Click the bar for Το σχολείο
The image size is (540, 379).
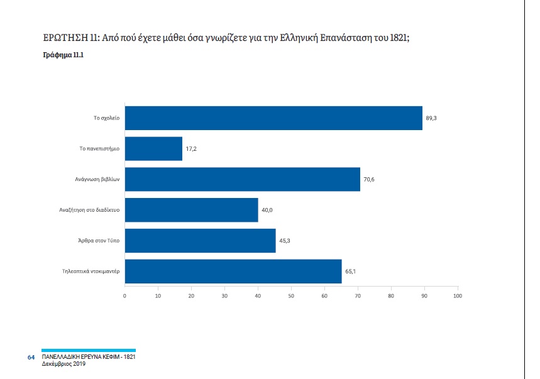pos(273,118)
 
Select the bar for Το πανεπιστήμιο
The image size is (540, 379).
pos(153,148)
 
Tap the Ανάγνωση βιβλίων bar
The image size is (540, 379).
pos(242,179)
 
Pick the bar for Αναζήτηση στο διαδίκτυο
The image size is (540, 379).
pos(191,210)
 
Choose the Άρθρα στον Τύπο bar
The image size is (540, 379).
pos(200,241)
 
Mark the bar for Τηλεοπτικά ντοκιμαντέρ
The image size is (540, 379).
pos(233,272)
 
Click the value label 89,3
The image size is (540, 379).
pos(431,118)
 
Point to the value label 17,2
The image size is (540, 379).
pos(191,148)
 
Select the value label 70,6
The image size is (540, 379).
pos(369,179)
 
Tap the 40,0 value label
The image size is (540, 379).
pos(267,210)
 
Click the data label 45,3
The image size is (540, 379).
pos(285,241)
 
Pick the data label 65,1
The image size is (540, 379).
pos(351,272)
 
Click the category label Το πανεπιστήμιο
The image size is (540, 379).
pos(99,148)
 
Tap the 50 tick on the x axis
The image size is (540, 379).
pos(291,295)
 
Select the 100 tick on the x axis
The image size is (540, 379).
pos(457,295)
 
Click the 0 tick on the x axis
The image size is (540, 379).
pos(125,295)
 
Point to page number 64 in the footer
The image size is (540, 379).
pos(31,357)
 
